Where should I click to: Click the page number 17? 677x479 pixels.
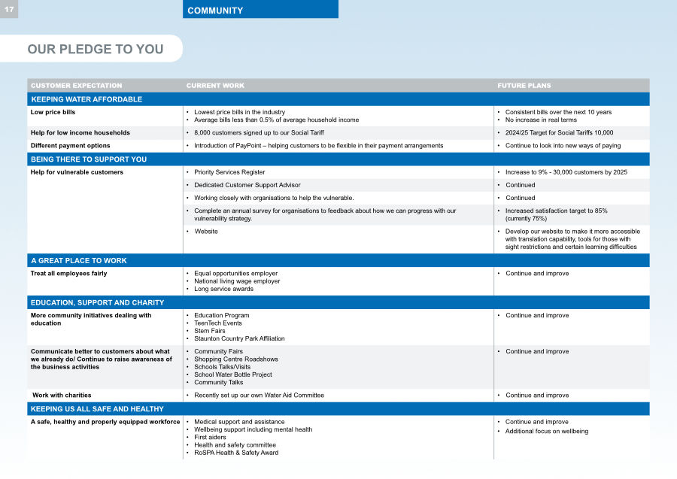(x=8, y=9)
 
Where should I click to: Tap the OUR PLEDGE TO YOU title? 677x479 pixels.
(x=95, y=49)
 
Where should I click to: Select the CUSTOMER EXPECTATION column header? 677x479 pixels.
(x=76, y=86)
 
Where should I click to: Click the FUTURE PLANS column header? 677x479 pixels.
(x=524, y=86)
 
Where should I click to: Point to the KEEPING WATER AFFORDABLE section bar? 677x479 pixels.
(x=87, y=99)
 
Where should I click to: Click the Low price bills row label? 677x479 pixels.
(x=53, y=112)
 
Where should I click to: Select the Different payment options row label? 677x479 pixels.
(x=70, y=146)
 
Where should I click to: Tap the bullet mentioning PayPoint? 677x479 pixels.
(x=318, y=146)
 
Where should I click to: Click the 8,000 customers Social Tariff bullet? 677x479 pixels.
(x=259, y=132)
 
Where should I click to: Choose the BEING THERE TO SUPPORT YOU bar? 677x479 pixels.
(x=89, y=159)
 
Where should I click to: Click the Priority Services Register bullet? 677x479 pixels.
(x=229, y=172)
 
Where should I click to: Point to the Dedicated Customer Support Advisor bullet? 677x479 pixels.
(x=247, y=185)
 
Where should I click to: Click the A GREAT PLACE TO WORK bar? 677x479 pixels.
(x=78, y=260)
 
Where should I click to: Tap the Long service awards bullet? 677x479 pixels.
(x=223, y=289)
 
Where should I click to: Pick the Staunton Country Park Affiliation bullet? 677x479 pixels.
(x=239, y=338)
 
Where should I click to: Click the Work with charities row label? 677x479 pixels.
(x=62, y=396)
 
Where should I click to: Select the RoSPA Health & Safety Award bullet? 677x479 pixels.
(x=235, y=453)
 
